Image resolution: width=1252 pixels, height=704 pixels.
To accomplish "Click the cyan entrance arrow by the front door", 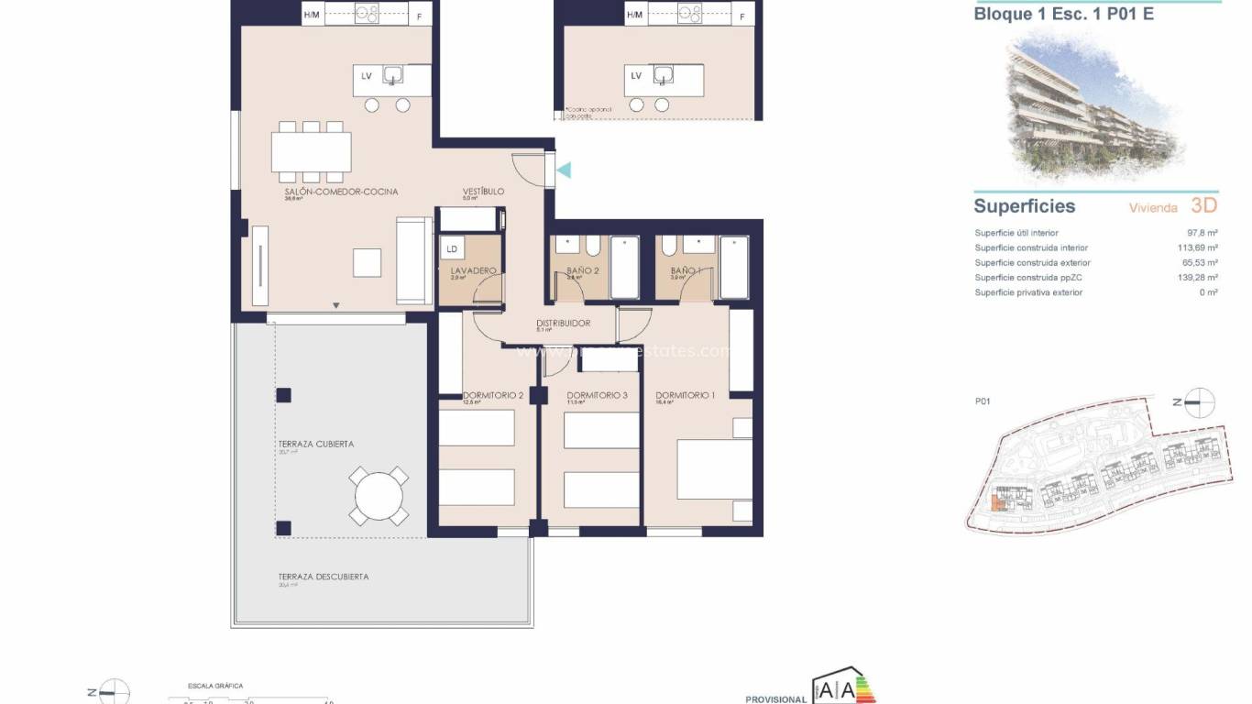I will point(565,170).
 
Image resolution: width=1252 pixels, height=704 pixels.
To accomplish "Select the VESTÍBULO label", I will point(483,192).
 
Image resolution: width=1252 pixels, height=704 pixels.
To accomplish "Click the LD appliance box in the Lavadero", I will point(452,248).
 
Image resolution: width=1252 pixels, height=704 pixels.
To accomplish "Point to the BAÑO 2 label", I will point(583,271).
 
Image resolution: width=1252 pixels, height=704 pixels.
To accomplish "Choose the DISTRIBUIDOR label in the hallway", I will point(563,323).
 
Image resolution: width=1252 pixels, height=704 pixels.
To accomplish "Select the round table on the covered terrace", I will point(379,496).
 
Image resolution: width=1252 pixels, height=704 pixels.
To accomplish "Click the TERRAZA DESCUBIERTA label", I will point(324,577).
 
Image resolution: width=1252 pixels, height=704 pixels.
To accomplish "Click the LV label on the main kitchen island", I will point(367,76).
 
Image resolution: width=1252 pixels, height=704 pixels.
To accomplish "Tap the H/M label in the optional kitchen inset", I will point(635,15).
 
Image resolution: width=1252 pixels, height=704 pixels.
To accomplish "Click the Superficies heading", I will point(1024,206).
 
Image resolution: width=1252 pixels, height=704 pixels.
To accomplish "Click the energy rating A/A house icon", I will point(840,690).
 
